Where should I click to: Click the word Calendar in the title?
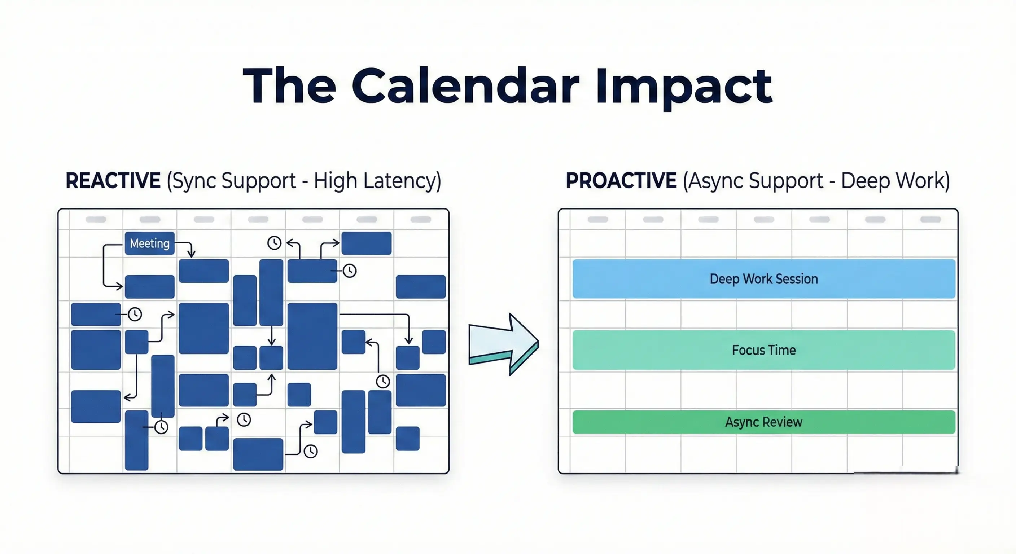pyautogui.click(x=465, y=86)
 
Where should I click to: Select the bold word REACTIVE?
pyautogui.click(x=113, y=181)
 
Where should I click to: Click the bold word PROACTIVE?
pyautogui.click(x=621, y=181)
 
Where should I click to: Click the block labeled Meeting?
pyautogui.click(x=149, y=243)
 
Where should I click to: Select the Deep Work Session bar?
pyautogui.click(x=763, y=279)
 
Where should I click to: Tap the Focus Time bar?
pyautogui.click(x=763, y=350)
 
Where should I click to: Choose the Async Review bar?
pyautogui.click(x=763, y=422)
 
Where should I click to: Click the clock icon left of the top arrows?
pyautogui.click(x=274, y=242)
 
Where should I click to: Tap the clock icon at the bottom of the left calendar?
pyautogui.click(x=310, y=451)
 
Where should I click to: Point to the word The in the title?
pyautogui.click(x=289, y=86)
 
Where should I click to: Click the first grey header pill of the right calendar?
pyautogui.click(x=597, y=220)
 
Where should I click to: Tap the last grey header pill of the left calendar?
pyautogui.click(x=420, y=220)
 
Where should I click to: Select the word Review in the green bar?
pyautogui.click(x=783, y=422)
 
